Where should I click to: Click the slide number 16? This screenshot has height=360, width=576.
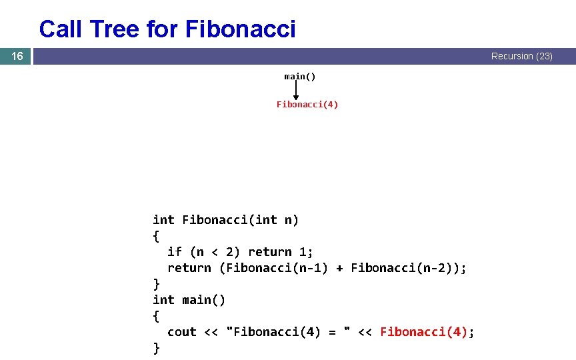pyautogui.click(x=17, y=57)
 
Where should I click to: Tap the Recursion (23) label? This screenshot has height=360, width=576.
pyautogui.click(x=521, y=57)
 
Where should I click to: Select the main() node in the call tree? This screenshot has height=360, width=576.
pyautogui.click(x=300, y=77)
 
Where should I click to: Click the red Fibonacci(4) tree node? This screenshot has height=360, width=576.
pyautogui.click(x=307, y=105)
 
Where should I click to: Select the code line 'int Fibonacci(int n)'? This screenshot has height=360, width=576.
pyautogui.click(x=226, y=220)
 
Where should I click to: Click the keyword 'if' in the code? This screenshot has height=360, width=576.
pyautogui.click(x=175, y=252)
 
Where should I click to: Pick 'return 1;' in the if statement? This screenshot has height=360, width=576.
pyautogui.click(x=281, y=252)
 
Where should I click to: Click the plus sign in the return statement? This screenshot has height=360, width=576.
pyautogui.click(x=339, y=268)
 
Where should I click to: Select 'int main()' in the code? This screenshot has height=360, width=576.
pyautogui.click(x=189, y=300)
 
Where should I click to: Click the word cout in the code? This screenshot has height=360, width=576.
pyautogui.click(x=182, y=332)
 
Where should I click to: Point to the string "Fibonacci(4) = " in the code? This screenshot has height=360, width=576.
pyautogui.click(x=289, y=332)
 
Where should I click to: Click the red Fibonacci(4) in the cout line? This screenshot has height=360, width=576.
pyautogui.click(x=424, y=332)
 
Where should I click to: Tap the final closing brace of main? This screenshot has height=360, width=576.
pyautogui.click(x=157, y=348)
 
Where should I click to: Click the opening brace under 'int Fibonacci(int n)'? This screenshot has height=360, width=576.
pyautogui.click(x=157, y=236)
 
